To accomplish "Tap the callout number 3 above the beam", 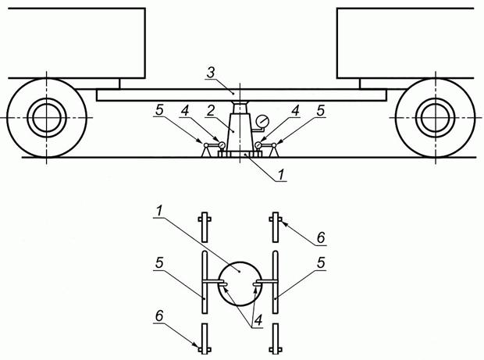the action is [x=211, y=73].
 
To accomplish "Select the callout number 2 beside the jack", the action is [x=211, y=111].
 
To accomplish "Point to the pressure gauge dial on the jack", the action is [x=262, y=121].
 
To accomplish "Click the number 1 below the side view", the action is [x=280, y=175].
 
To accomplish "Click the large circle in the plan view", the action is [x=240, y=283].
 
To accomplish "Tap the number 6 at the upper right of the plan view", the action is [x=321, y=237].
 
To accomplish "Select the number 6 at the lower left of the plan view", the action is [x=159, y=315].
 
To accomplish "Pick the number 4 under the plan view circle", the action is [x=258, y=320].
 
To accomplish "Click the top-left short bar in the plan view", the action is [x=205, y=227].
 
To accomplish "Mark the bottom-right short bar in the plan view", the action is [x=276, y=338].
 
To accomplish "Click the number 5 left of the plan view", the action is [x=159, y=262].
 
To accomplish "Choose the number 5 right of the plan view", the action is [x=321, y=262].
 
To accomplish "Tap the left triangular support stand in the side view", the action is [x=206, y=151].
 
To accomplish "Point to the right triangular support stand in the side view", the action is [x=273, y=151].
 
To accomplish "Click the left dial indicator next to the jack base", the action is [x=222, y=144].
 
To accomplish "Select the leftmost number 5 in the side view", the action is [x=159, y=111].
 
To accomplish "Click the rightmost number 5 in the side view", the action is [x=321, y=111].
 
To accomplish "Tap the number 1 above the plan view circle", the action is [x=159, y=211].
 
